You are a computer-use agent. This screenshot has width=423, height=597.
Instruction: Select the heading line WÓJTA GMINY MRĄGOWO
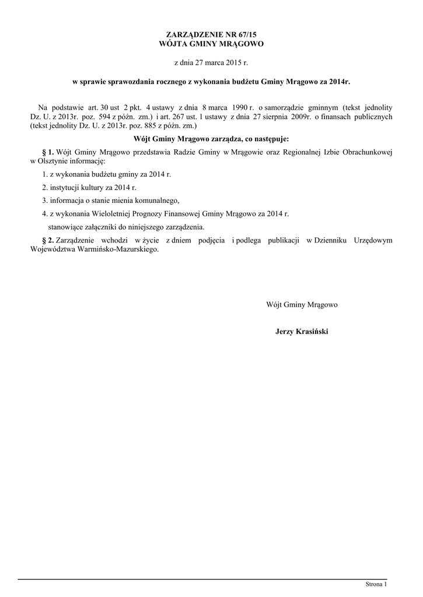(211, 44)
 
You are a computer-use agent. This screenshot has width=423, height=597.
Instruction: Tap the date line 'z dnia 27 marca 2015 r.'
(211, 62)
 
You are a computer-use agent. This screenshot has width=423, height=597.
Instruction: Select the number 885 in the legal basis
(135, 125)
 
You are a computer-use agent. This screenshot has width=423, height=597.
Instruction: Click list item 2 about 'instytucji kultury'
(89, 187)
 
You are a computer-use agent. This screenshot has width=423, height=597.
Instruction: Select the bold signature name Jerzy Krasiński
(302, 331)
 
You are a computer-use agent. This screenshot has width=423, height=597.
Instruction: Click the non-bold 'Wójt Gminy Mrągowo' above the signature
(302, 305)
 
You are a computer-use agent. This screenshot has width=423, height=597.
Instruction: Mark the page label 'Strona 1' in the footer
(376, 584)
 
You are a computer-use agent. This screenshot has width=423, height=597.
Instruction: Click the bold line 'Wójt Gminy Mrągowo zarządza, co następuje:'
(211, 139)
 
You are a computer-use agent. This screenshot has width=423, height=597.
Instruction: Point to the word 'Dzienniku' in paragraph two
(331, 240)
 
